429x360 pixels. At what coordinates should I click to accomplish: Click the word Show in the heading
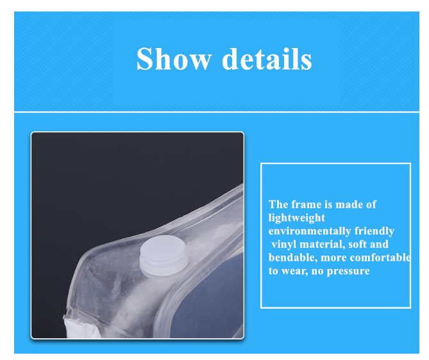coord(174,59)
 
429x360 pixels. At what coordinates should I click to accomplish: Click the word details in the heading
coord(267,59)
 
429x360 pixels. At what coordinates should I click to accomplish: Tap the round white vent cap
coord(164,255)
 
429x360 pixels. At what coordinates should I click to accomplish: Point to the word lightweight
coord(296,218)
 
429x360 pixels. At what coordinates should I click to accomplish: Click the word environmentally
coord(310,231)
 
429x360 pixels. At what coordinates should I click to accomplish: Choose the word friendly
coord(374,231)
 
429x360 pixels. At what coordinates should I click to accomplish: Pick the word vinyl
coord(284,244)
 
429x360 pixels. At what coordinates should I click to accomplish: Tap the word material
coord(322,244)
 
